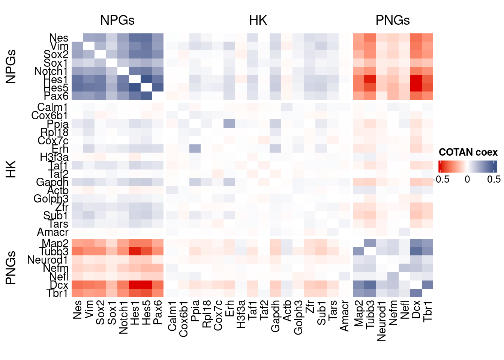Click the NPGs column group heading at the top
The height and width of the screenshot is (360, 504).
click(x=117, y=20)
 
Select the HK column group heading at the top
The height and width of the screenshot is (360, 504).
click(x=258, y=20)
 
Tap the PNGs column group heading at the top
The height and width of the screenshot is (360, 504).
click(x=393, y=20)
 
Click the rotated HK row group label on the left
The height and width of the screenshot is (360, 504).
click(x=11, y=169)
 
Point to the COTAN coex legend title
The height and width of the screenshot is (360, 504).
click(x=468, y=152)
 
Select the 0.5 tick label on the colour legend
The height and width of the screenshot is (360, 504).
click(x=494, y=179)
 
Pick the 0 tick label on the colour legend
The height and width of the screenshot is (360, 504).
click(x=467, y=179)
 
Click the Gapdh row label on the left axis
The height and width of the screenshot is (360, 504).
click(x=52, y=182)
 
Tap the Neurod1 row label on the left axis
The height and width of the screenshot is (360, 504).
click(x=48, y=260)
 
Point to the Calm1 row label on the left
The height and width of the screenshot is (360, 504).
click(x=52, y=108)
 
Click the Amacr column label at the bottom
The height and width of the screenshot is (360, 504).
click(x=344, y=316)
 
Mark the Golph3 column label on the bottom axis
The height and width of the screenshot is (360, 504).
click(x=298, y=317)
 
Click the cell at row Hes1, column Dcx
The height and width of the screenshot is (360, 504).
click(x=416, y=79)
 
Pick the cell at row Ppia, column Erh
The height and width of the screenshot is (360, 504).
click(x=229, y=124)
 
